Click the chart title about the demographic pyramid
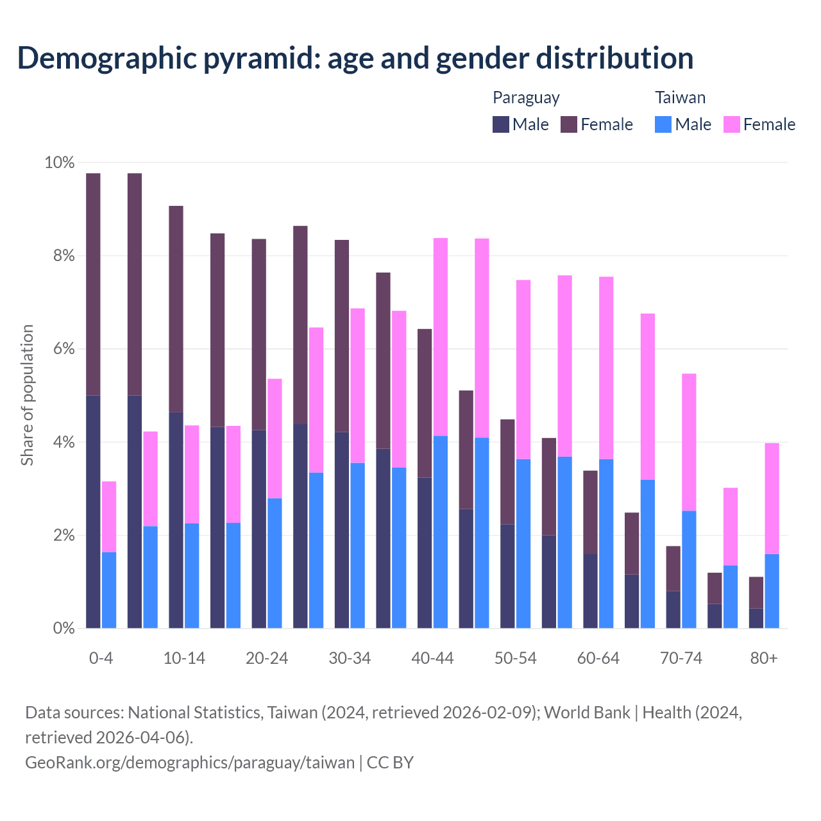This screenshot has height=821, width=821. tap(355, 58)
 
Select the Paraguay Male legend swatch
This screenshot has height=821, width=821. tap(501, 124)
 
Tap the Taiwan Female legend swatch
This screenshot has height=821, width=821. tap(731, 124)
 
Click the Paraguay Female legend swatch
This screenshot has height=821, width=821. tap(569, 124)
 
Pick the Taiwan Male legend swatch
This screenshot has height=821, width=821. tap(663, 124)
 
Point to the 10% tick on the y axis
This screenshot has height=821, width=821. tap(60, 163)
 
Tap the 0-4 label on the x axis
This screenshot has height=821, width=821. tap(101, 658)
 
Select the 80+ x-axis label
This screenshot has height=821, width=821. tap(764, 658)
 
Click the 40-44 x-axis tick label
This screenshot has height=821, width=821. tap(432, 658)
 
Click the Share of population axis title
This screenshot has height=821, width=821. tap(27, 395)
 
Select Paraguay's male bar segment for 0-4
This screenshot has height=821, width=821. tap(93, 511)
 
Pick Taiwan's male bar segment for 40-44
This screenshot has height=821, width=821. tap(441, 532)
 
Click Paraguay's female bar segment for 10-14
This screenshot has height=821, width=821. tap(176, 309)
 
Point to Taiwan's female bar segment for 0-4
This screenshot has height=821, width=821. tap(109, 516)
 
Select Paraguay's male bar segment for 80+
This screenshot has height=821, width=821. tap(756, 618)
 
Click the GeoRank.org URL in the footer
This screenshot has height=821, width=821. tap(190, 762)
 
